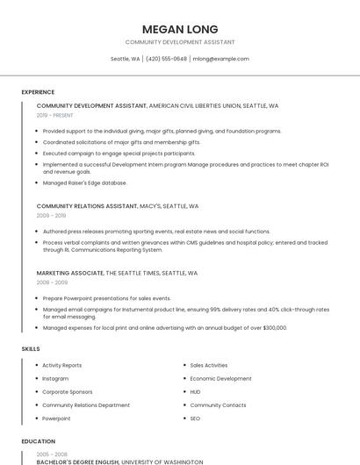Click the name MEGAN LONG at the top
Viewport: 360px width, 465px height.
[x=180, y=29]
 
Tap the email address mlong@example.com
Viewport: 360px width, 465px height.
[x=221, y=59]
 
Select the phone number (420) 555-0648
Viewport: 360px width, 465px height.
[x=166, y=59]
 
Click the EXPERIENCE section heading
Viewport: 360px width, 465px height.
[x=38, y=92]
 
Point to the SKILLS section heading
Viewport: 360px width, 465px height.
[x=31, y=349]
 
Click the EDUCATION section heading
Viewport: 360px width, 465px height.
[x=39, y=441]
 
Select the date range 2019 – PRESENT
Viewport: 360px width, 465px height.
[x=55, y=115]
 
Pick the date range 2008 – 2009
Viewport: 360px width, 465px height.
[x=51, y=283]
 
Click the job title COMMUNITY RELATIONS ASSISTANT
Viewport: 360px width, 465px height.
[x=87, y=206]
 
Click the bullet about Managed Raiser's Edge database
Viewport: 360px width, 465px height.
[x=84, y=182]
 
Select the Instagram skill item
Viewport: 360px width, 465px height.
[x=55, y=378]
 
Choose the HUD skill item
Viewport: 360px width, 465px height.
[x=195, y=392]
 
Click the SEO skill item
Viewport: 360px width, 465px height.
[x=195, y=418]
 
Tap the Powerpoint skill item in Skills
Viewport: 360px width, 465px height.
[x=56, y=418]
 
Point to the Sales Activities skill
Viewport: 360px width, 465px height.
[x=209, y=365]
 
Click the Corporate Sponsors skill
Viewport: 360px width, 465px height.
[x=67, y=392]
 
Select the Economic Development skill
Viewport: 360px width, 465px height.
[x=220, y=378]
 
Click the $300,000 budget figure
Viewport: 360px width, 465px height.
[x=273, y=328]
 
